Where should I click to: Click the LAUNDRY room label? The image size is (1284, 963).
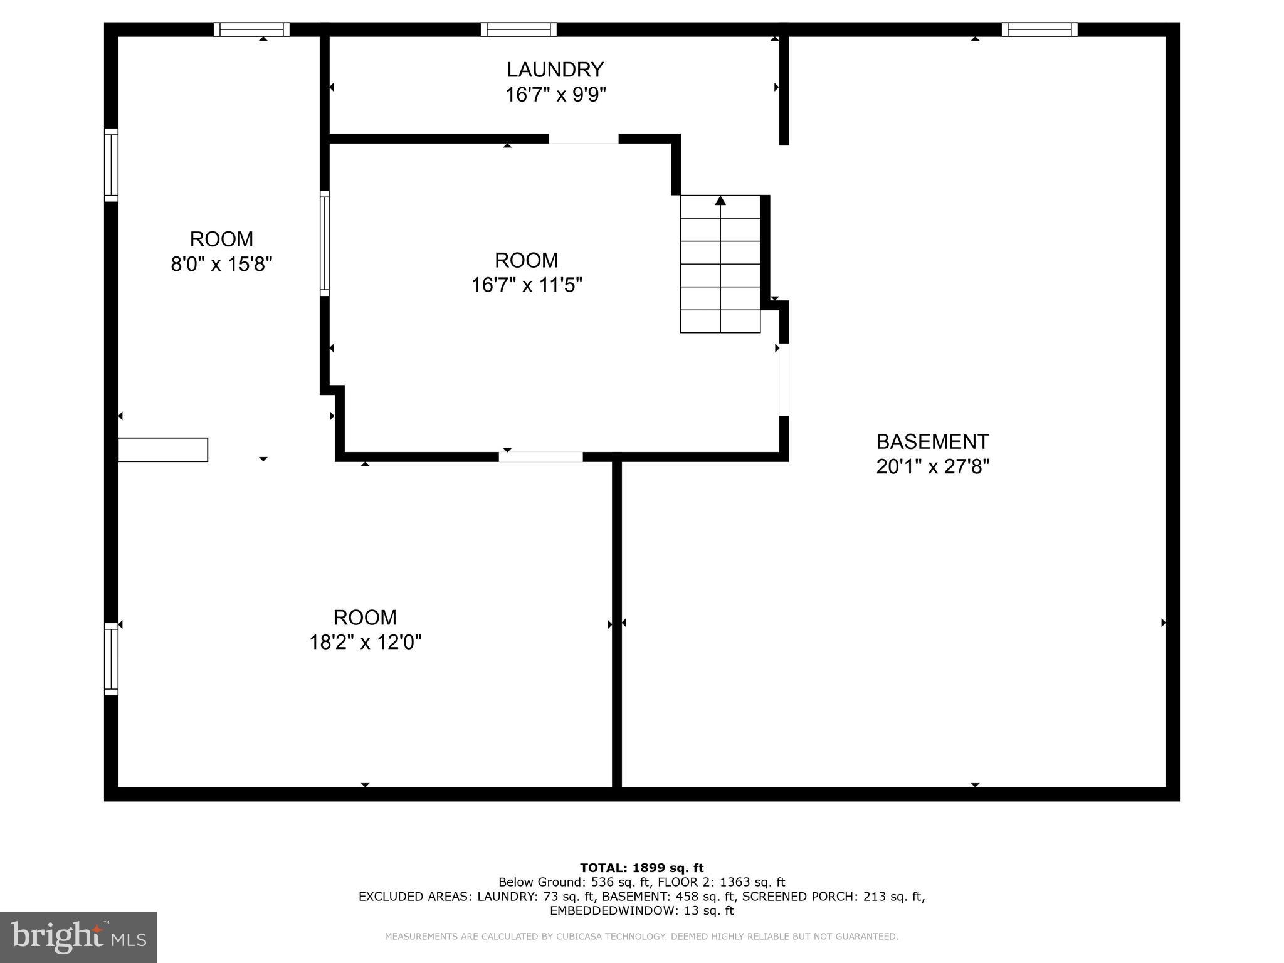(x=555, y=69)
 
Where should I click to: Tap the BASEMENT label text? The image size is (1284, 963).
(x=932, y=442)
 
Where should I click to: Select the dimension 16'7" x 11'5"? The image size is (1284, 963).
(x=527, y=285)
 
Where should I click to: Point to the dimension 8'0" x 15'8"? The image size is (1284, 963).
(x=221, y=264)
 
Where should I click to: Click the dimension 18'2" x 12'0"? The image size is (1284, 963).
(x=365, y=643)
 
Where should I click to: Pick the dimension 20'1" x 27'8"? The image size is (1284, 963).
(x=932, y=467)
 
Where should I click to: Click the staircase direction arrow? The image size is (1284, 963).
(x=720, y=201)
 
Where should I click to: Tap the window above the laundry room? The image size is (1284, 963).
(x=518, y=29)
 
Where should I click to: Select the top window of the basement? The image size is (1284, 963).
(x=1039, y=29)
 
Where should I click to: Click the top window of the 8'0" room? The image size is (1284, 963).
(x=251, y=29)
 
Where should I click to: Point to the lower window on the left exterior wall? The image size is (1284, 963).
(x=111, y=659)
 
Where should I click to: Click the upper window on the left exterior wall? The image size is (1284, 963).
(x=111, y=165)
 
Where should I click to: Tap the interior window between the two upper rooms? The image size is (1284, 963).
(x=324, y=243)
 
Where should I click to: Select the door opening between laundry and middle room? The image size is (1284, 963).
(x=584, y=139)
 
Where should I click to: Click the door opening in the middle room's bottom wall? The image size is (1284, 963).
(x=540, y=456)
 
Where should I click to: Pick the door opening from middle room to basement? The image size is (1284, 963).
(x=784, y=379)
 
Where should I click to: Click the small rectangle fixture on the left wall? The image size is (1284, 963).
(x=163, y=450)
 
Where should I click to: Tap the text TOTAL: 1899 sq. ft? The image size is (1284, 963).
(x=641, y=868)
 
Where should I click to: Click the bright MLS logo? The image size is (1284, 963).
(x=78, y=937)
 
